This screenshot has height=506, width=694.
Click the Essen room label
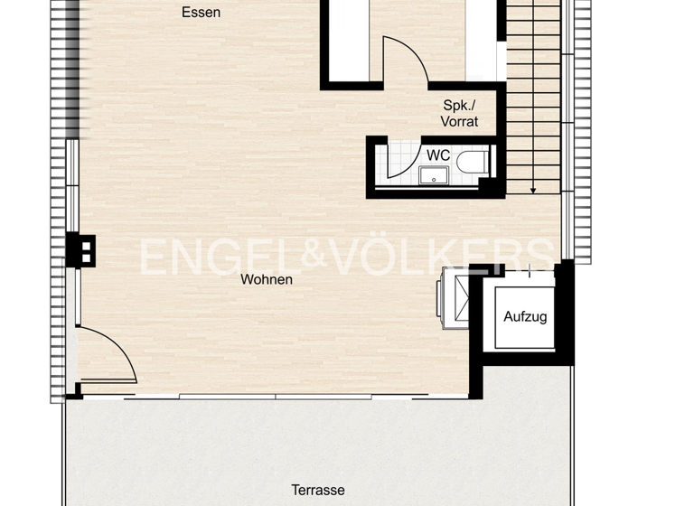point(201,13)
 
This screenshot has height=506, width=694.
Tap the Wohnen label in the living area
point(266,279)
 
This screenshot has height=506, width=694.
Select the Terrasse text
point(317,490)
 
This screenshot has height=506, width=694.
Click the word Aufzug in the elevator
point(525,317)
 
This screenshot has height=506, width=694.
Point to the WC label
point(438,155)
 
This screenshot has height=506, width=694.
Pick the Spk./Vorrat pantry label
point(459,113)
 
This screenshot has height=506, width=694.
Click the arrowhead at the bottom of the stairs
point(533,190)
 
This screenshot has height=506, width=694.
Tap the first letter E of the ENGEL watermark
point(155,257)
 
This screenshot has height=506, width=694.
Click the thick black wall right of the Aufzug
point(566,312)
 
